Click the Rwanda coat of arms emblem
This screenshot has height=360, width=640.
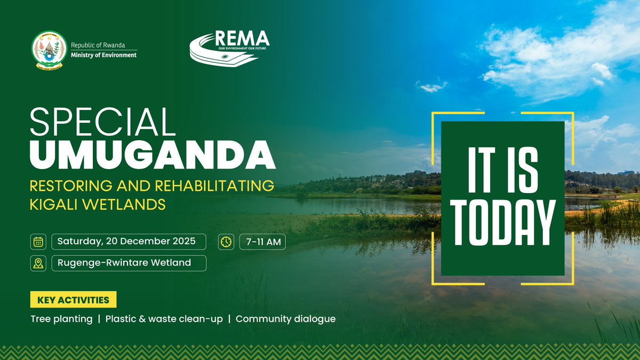(47, 51)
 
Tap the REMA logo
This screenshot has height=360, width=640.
(230, 47)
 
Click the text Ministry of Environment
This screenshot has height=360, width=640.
(103, 55)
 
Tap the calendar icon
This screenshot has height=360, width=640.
(38, 242)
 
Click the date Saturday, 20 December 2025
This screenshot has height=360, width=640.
(126, 241)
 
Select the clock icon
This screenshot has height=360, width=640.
(226, 242)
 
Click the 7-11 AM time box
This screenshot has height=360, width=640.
(262, 242)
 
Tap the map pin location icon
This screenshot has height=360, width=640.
(38, 263)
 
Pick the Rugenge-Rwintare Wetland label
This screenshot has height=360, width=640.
(124, 263)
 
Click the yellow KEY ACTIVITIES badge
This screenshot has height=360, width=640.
(73, 300)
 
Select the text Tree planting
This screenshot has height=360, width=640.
(61, 319)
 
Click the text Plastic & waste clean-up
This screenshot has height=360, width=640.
(164, 319)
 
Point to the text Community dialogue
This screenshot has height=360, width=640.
(285, 319)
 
